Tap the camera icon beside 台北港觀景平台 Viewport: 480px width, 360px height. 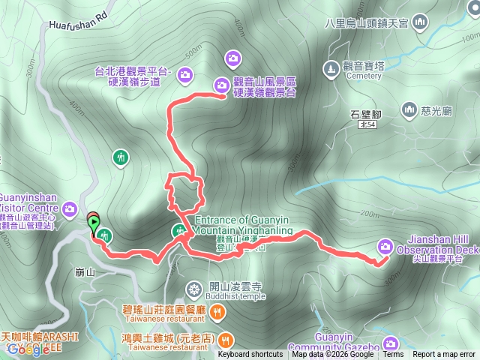tap(184, 73)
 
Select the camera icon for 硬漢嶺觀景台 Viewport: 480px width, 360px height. tap(223, 85)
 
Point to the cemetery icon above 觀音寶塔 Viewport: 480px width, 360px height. tap(331, 69)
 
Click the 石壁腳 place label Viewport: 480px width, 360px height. tap(367, 115)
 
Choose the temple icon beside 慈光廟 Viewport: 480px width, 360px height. tap(409, 110)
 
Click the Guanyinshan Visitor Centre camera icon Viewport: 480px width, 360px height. tap(69, 208)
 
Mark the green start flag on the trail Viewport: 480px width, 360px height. tap(94, 222)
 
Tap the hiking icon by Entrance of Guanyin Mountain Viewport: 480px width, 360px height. tap(179, 231)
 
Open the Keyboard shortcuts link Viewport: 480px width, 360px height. tap(250, 355)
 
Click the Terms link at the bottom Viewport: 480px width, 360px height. tap(393, 355)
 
